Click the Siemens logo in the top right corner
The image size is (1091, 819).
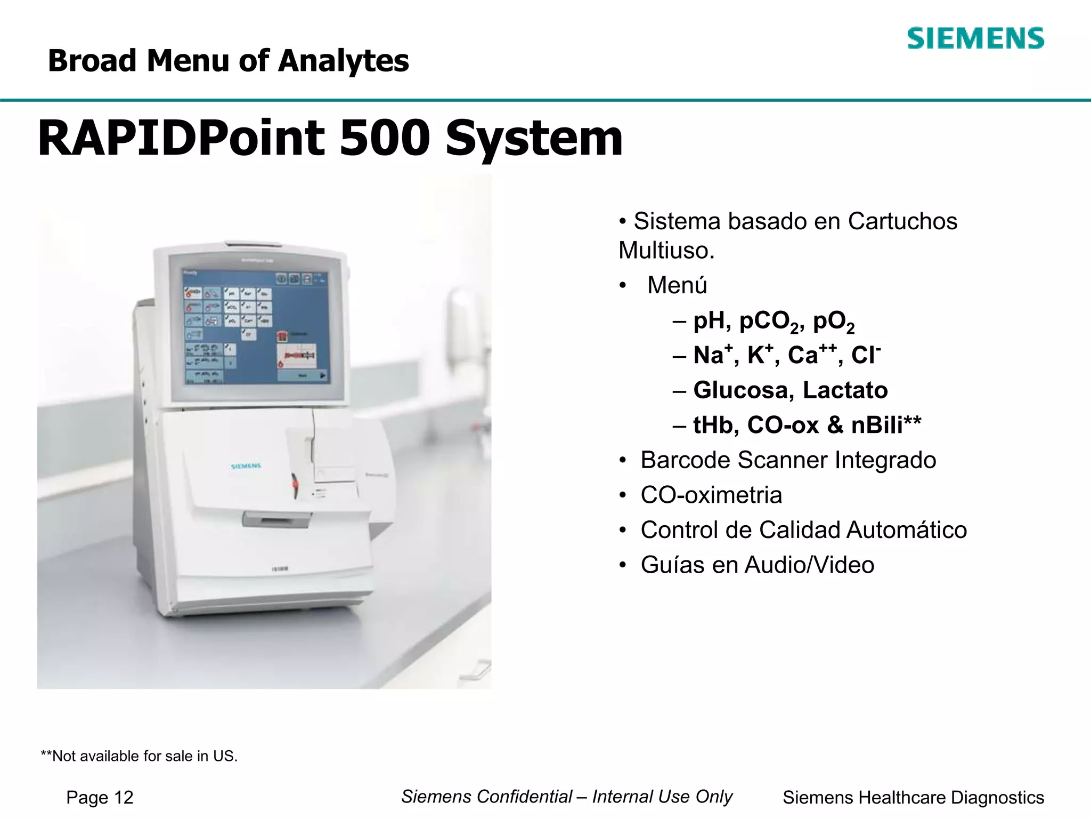tap(975, 38)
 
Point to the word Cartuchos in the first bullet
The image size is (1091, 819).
tap(902, 221)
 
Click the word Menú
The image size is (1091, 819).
tap(677, 285)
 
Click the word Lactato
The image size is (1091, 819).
tap(845, 390)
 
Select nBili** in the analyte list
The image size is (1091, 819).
tap(886, 425)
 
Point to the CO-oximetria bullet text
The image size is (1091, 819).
tap(711, 495)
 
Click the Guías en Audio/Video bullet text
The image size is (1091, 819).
tap(757, 565)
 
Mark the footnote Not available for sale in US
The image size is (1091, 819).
tap(140, 756)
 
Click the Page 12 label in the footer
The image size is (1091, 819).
tap(100, 798)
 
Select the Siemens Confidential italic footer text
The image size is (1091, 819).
tap(566, 797)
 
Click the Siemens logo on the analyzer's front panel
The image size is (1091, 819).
tap(246, 466)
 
